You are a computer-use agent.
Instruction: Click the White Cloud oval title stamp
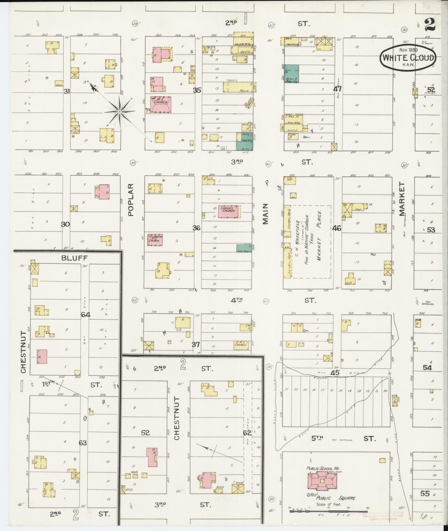[408, 57]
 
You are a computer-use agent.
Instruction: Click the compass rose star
[119, 112]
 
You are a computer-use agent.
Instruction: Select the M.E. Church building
[161, 104]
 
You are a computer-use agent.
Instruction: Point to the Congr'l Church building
[229, 212]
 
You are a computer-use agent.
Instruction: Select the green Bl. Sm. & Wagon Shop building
[291, 74]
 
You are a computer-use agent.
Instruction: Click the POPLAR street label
[131, 199]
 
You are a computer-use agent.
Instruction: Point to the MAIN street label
[266, 213]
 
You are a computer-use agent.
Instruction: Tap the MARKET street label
[402, 199]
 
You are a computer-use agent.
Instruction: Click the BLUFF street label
[74, 258]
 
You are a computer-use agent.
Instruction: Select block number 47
[337, 89]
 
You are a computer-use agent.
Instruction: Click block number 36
[196, 228]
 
